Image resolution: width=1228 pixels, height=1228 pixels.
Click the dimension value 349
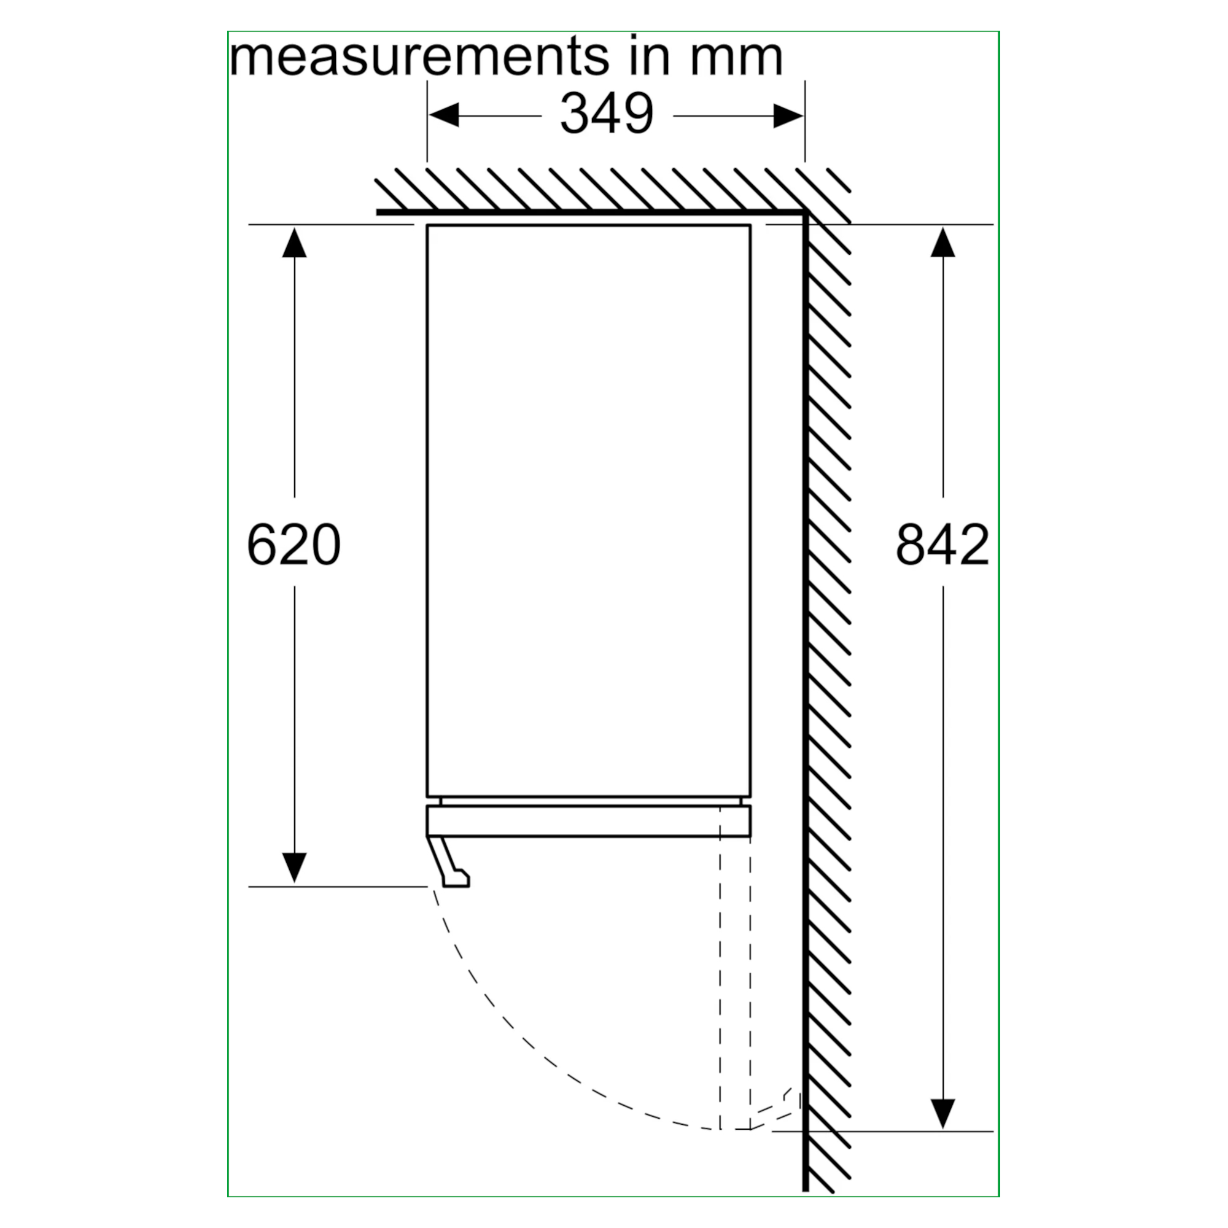(607, 114)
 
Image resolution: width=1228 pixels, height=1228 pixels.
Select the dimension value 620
(293, 545)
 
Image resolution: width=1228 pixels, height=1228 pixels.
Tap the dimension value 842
(942, 545)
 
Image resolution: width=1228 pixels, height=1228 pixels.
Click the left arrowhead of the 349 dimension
(444, 115)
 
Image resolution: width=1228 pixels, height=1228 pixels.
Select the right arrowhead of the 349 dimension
(788, 115)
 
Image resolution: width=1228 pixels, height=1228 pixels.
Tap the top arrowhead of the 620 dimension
(294, 242)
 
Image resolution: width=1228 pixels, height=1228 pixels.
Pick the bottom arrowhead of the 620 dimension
(294, 868)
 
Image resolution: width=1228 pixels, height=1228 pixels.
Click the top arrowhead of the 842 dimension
(942, 242)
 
